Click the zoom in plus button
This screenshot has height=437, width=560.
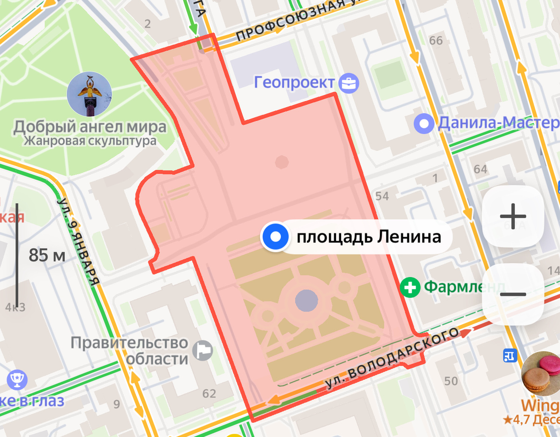point(513,217)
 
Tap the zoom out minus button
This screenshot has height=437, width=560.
point(513,294)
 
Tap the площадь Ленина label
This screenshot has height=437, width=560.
point(369,237)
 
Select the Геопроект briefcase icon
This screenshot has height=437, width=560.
point(349,83)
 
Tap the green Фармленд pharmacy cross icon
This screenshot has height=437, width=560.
point(411,287)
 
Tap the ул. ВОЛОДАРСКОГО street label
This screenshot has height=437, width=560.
point(390,360)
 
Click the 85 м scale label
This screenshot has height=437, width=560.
point(47,255)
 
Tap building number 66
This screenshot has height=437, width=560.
point(436,41)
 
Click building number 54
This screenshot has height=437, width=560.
point(382,196)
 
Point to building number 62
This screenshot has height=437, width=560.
point(209,394)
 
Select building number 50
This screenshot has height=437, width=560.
point(451,381)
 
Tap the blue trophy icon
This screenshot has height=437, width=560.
point(17,380)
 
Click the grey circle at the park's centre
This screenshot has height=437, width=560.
point(307,300)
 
